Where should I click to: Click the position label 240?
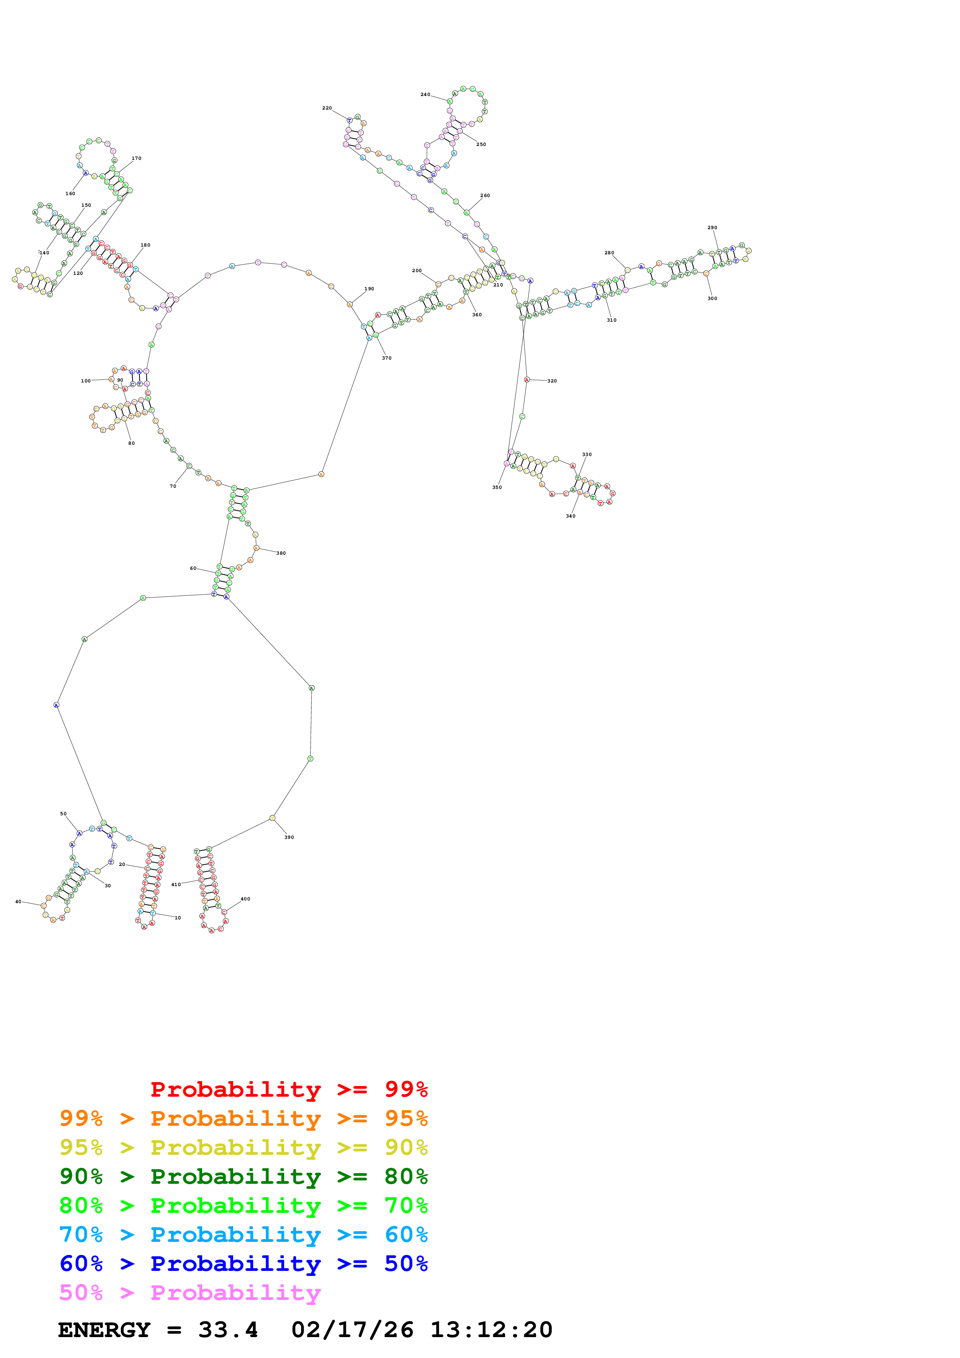[425, 94]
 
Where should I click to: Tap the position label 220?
[327, 108]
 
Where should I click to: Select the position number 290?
[712, 228]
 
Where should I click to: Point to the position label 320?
[552, 381]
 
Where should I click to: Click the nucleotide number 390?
[289, 837]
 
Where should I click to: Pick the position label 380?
[281, 554]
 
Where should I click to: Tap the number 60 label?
[193, 568]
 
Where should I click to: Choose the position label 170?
[137, 158]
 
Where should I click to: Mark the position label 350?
[497, 487]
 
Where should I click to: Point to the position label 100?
[86, 381]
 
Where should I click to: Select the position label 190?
[369, 289]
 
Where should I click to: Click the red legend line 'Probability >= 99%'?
[289, 1089]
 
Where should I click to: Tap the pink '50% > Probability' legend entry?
[190, 1293]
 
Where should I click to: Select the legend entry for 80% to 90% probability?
[243, 1176]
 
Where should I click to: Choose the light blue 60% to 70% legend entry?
[243, 1235]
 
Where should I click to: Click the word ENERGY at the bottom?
[104, 1330]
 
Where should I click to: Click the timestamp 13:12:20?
[491, 1330]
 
